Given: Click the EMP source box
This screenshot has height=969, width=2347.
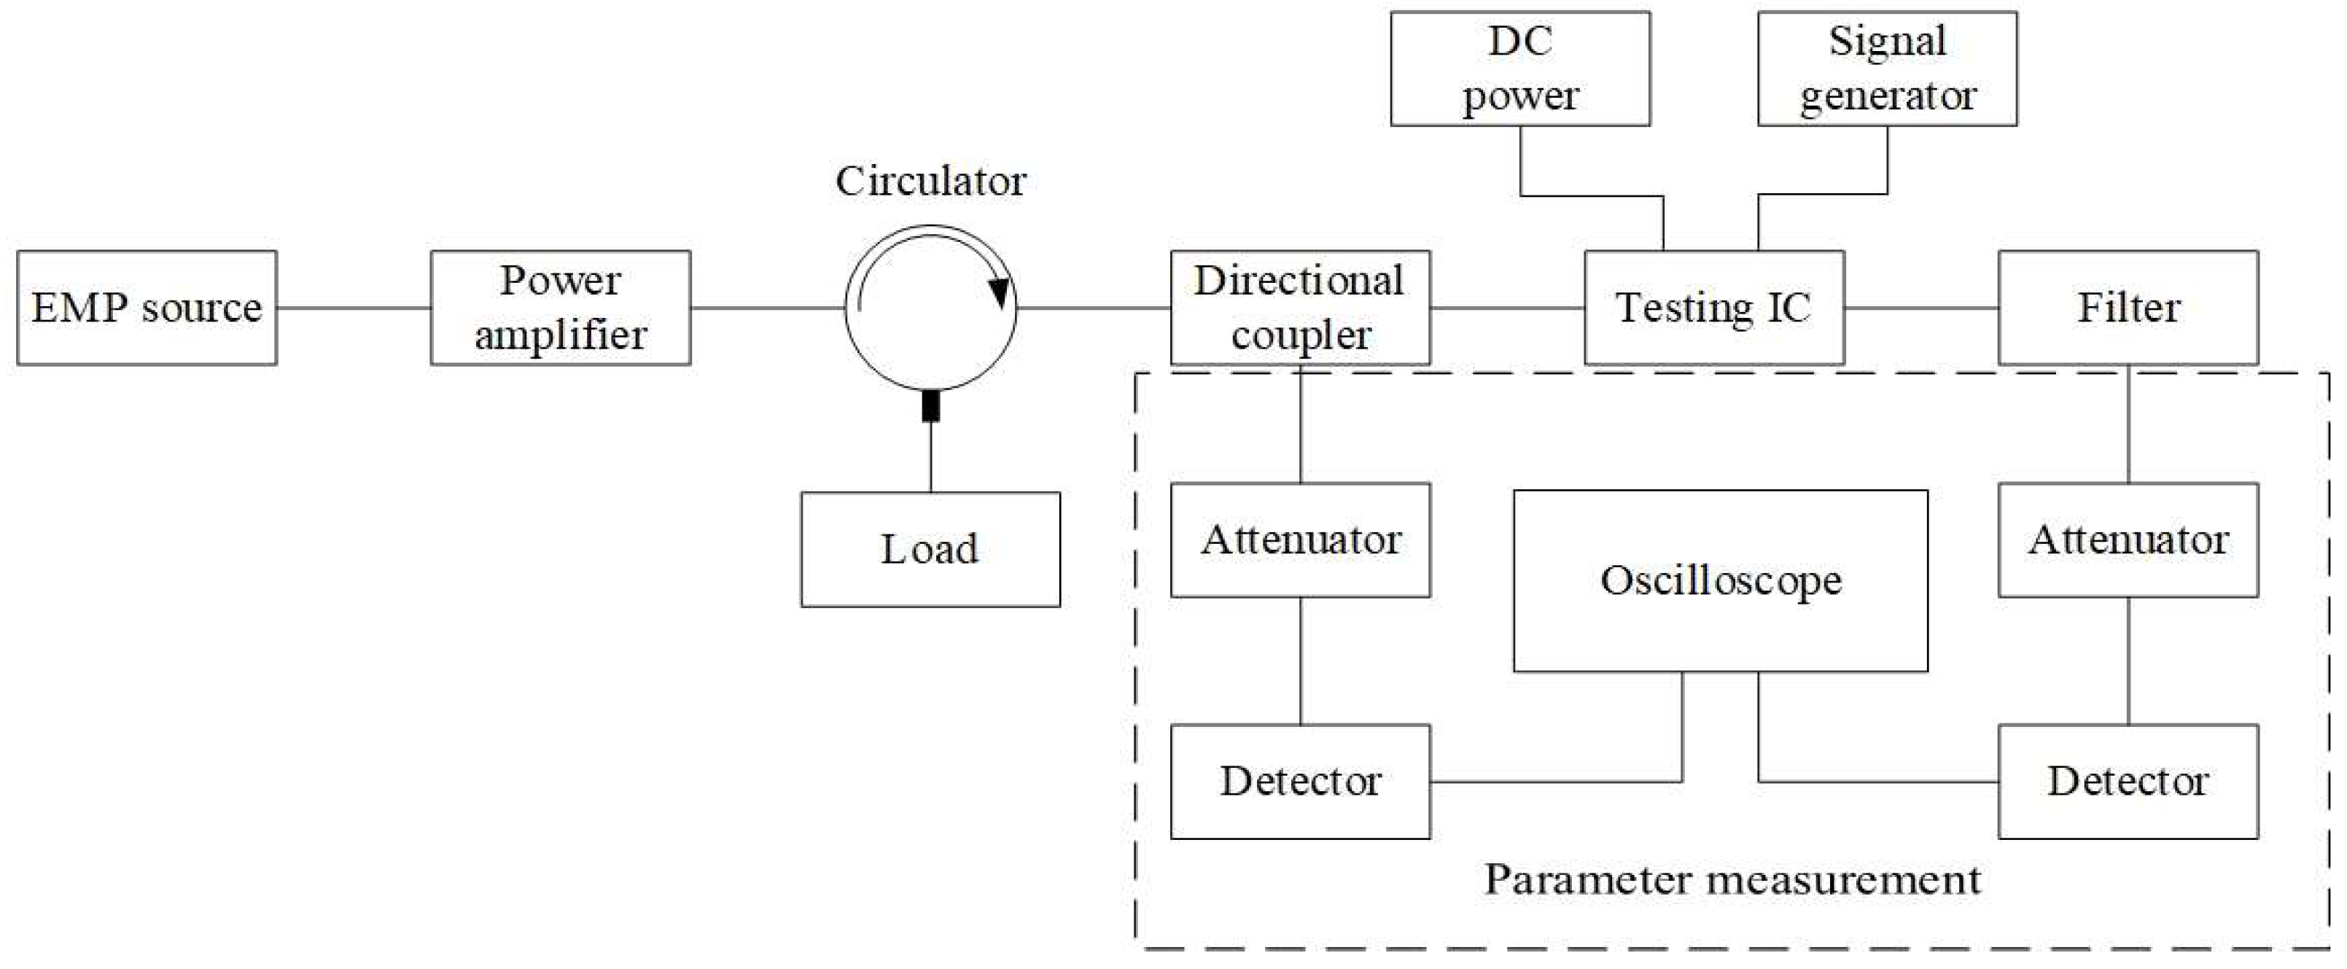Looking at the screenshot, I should pyautogui.click(x=147, y=308).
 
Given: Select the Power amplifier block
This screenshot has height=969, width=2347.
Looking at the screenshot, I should pyautogui.click(x=561, y=308).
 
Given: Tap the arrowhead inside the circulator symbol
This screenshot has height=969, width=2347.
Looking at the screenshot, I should pyautogui.click(x=1000, y=292).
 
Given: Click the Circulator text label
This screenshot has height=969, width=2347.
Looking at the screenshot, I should pyautogui.click(x=930, y=182).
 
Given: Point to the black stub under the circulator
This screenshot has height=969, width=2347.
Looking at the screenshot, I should pyautogui.click(x=930, y=405).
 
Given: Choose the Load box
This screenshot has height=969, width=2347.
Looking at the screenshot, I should pyautogui.click(x=930, y=549).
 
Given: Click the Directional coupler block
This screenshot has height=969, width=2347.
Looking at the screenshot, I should pyautogui.click(x=1300, y=308).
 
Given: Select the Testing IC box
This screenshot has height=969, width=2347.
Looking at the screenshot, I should pyautogui.click(x=1714, y=308).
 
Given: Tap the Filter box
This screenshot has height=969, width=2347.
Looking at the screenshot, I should pyautogui.click(x=2128, y=308).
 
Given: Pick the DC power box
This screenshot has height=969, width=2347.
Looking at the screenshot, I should pyautogui.click(x=1519, y=69).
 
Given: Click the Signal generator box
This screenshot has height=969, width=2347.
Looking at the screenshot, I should pyautogui.click(x=1887, y=69).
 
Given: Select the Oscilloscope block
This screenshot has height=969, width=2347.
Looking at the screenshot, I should pyautogui.click(x=1720, y=581).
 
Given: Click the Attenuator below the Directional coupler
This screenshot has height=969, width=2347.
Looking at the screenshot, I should pyautogui.click(x=1300, y=540).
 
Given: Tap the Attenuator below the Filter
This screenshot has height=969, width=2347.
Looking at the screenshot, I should pyautogui.click(x=2128, y=540).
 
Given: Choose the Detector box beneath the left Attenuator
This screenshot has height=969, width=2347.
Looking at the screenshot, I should pyautogui.click(x=1300, y=782).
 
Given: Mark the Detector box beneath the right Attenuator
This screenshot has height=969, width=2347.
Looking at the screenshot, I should pyautogui.click(x=2128, y=782).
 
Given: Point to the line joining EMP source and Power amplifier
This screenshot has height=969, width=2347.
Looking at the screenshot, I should pyautogui.click(x=354, y=308).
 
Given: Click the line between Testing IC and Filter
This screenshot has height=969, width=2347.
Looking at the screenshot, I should pyautogui.click(x=1921, y=308).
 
